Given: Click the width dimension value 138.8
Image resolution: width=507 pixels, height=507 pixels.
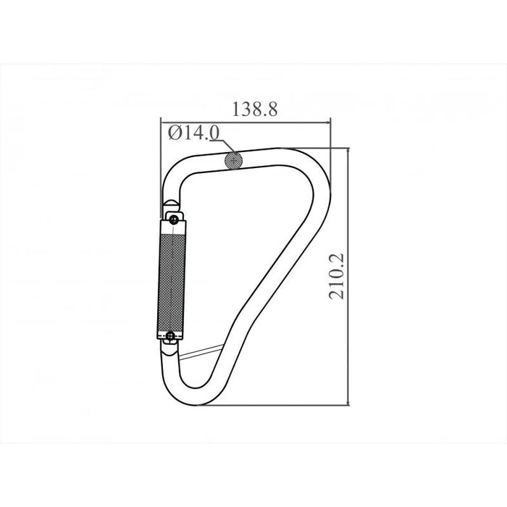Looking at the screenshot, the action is (x=255, y=109).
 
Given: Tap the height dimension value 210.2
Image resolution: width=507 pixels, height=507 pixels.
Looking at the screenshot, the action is (x=337, y=277).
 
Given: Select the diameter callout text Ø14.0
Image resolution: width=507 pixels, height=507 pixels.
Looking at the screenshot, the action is (x=193, y=133).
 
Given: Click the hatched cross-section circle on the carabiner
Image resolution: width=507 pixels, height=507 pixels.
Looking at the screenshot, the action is (x=233, y=160).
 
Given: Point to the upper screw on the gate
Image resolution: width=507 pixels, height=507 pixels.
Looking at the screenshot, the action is (x=174, y=220).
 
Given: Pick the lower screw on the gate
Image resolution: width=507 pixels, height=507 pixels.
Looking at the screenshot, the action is (x=170, y=336).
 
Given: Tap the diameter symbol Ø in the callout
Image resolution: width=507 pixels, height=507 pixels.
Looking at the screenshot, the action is (x=175, y=133).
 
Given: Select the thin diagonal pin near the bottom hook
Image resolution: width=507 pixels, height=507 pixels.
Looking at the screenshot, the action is (x=201, y=352).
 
